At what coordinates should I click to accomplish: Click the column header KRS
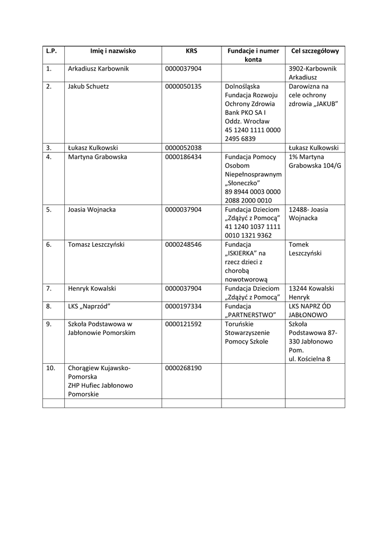click(x=192, y=51)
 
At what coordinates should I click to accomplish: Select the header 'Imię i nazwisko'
click(x=113, y=51)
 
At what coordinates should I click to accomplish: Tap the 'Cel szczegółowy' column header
click(x=315, y=51)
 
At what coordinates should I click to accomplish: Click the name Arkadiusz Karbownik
click(x=98, y=68)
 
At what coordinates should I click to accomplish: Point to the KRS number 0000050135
click(x=184, y=86)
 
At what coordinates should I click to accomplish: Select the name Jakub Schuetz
click(x=88, y=86)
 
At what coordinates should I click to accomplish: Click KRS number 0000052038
click(x=184, y=147)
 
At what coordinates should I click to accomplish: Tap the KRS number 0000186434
click(x=184, y=157)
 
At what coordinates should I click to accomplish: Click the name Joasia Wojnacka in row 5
click(x=92, y=209)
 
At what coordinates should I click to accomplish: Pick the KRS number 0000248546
click(x=184, y=244)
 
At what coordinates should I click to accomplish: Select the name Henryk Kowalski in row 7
click(x=92, y=288)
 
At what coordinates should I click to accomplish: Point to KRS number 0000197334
click(x=184, y=306)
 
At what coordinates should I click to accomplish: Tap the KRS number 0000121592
click(x=184, y=324)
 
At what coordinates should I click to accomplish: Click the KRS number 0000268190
click(x=184, y=368)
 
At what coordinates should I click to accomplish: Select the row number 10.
click(x=51, y=368)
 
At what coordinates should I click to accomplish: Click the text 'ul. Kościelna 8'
click(x=309, y=359)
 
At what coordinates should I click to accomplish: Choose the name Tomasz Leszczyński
click(x=96, y=244)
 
